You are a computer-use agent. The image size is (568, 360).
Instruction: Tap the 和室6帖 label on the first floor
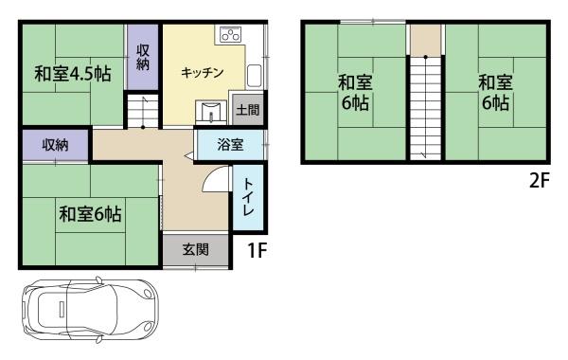click(x=90, y=214)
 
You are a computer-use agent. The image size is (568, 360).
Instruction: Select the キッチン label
click(x=202, y=72)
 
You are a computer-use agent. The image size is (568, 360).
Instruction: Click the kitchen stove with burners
click(x=229, y=37)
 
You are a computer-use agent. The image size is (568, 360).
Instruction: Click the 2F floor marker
click(x=539, y=179)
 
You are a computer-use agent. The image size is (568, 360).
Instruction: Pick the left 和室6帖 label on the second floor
click(x=354, y=93)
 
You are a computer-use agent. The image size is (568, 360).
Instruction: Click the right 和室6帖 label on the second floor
click(x=494, y=93)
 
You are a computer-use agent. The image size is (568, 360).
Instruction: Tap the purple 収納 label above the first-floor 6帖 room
click(x=54, y=146)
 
